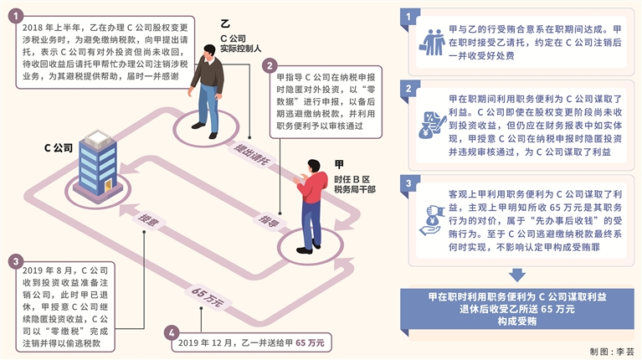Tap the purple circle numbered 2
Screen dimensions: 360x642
coord(270,64)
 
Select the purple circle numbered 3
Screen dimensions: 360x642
coord(16,261)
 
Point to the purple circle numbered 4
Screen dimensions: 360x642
coord(172,332)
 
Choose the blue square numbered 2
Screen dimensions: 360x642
coord(407,88)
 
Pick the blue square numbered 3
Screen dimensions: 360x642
coord(407,183)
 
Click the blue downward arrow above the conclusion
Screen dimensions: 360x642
coord(516,275)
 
